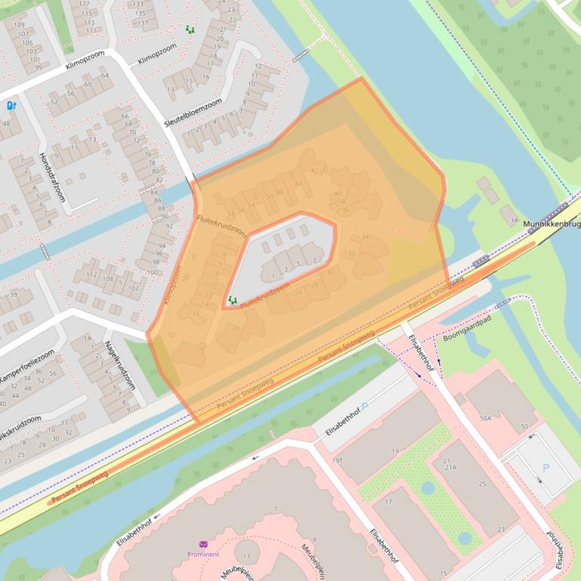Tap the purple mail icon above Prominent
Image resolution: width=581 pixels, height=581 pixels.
(x=203, y=544)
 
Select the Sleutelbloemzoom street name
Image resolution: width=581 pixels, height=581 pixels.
(x=193, y=112)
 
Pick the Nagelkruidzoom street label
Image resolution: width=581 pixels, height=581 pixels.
(x=119, y=363)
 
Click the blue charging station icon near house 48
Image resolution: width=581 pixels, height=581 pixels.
(x=11, y=106)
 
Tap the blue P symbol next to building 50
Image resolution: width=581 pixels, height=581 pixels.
(x=546, y=468)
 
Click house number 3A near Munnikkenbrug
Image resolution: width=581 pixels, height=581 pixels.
(x=514, y=220)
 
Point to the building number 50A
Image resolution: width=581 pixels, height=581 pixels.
(x=486, y=417)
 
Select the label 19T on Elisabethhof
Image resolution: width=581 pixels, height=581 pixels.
(x=337, y=460)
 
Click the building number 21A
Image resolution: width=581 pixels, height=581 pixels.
(x=450, y=468)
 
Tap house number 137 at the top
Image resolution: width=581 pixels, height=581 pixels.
(x=140, y=23)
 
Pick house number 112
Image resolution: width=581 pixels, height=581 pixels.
(x=91, y=275)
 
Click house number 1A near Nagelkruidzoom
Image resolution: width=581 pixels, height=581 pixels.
(x=87, y=339)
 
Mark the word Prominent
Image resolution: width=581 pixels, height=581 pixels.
(x=203, y=555)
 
